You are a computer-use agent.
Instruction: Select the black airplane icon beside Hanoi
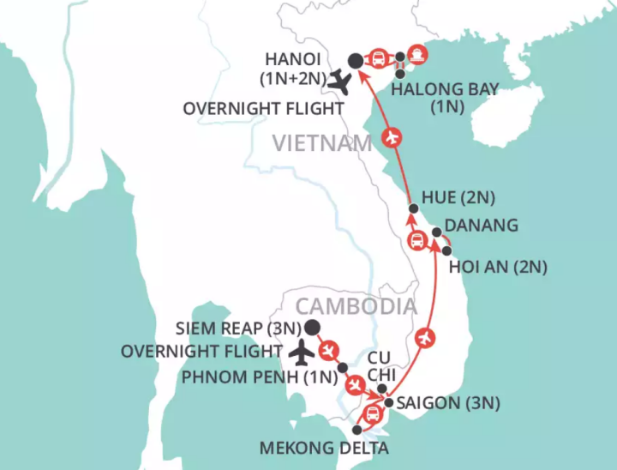[341, 83]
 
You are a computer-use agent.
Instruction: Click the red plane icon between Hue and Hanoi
[393, 137]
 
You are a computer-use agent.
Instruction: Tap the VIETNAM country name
[321, 143]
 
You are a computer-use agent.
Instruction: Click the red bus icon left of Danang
[419, 240]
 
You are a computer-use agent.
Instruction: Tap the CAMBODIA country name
[356, 306]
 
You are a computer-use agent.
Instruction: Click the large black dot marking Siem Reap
[312, 327]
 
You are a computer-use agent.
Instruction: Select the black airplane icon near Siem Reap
[301, 351]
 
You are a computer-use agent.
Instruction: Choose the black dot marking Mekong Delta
[356, 429]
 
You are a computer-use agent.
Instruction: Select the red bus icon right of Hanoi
[376, 59]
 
